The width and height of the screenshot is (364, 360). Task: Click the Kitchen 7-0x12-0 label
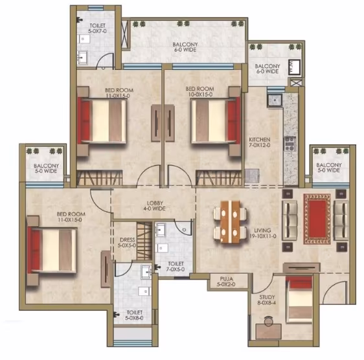[x=260, y=142]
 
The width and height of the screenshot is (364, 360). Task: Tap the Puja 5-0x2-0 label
[x=226, y=281]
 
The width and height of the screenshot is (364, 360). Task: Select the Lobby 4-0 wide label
[x=155, y=206]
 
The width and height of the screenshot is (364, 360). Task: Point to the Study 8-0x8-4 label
[x=267, y=300]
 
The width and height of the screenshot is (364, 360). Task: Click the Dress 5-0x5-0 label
[x=127, y=242]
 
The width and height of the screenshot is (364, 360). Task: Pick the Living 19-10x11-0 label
[x=262, y=233]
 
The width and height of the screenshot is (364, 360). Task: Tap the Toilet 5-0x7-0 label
[x=98, y=28]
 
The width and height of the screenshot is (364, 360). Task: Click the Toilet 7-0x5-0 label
[x=176, y=267]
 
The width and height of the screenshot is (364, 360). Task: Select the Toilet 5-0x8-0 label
[x=134, y=315]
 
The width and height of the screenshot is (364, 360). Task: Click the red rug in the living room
[x=317, y=219]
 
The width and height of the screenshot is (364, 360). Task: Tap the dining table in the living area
[x=231, y=222]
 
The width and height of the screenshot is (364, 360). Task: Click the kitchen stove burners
[x=290, y=144]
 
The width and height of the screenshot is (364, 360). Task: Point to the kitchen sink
[x=275, y=100]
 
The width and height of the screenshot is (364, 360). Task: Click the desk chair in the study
[x=269, y=321]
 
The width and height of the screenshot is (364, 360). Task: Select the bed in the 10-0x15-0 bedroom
[x=216, y=120]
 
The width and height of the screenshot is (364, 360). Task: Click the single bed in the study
[x=299, y=299]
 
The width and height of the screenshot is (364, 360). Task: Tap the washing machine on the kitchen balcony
[x=295, y=67]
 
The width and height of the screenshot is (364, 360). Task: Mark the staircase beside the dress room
[x=144, y=241]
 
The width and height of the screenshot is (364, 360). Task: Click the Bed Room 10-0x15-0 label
[x=199, y=91]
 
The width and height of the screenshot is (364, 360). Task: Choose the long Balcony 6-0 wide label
[x=185, y=47]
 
